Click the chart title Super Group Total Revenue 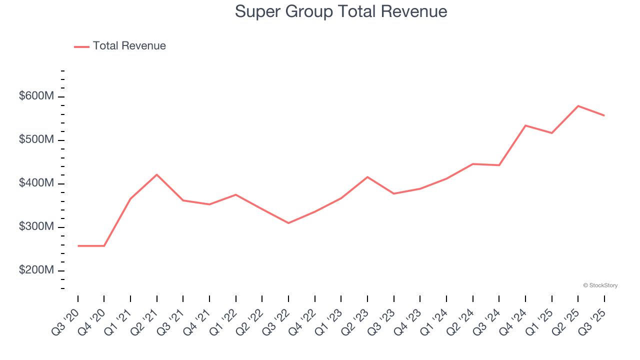[340, 11]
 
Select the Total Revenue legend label [129, 46]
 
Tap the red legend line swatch [81, 46]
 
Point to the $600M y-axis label [36, 96]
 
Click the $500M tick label [36, 139]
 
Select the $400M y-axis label [36, 183]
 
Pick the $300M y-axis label [36, 227]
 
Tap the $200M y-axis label [36, 270]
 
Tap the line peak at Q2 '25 [578, 106]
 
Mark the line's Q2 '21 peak [157, 174]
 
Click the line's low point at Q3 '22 [288, 223]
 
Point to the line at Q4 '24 [525, 125]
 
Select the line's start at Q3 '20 [78, 246]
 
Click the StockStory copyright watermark [600, 285]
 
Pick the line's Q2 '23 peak [367, 177]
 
